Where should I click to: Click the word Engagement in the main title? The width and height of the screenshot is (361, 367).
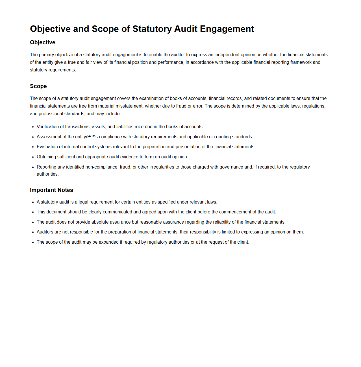pos(227,29)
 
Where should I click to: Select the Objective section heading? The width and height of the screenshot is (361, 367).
pos(43,42)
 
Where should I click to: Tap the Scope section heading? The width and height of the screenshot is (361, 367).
pos(38,86)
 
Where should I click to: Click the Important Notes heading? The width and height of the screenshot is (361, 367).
pos(51,190)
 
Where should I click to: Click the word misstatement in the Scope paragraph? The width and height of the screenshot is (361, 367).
pos(129,106)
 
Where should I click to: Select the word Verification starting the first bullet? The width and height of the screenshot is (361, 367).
pos(48,126)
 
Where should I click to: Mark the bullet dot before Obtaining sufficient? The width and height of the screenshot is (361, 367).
pos(33,157)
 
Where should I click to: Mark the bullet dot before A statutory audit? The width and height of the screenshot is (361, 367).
pos(33,202)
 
